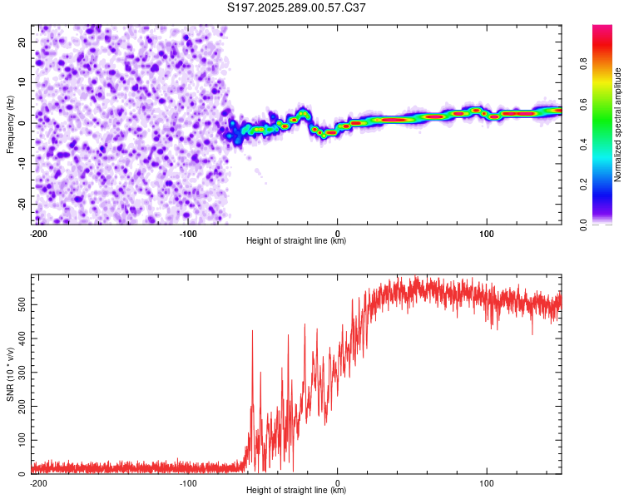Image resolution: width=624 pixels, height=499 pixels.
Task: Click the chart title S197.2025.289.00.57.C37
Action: point(297,7)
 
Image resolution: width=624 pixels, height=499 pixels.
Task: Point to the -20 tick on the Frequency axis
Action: point(22,204)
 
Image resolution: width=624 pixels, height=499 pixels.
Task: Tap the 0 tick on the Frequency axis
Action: point(26,122)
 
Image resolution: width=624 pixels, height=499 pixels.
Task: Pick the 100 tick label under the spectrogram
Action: point(487,233)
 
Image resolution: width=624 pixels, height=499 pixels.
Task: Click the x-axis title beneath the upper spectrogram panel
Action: point(296,241)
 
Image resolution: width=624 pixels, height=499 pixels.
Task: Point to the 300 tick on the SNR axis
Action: point(20,373)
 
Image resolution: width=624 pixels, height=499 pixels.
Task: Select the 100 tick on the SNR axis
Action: point(20,440)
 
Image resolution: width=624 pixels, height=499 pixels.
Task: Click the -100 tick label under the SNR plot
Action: point(187,482)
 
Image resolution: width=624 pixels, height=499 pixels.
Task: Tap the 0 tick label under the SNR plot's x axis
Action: point(338,482)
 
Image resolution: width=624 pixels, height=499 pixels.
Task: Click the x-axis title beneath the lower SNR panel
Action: point(296,491)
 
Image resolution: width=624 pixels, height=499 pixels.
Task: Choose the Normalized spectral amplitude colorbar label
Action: point(617,125)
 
